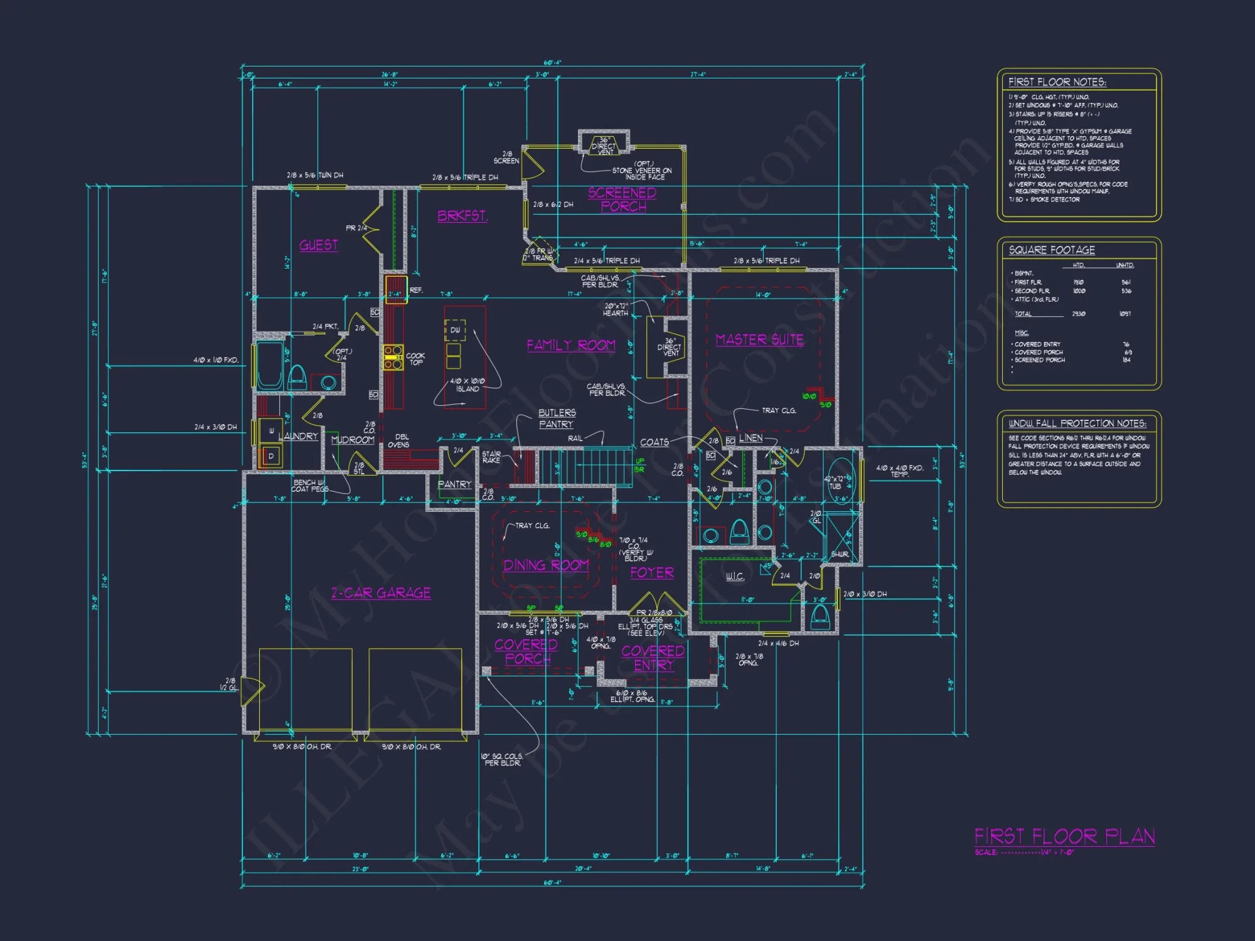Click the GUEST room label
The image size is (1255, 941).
click(318, 245)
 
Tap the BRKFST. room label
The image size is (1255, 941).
click(462, 216)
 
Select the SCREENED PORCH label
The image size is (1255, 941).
click(622, 199)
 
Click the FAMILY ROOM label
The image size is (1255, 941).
click(571, 345)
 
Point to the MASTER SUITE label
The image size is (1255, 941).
click(759, 339)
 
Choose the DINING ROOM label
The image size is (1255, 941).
click(546, 565)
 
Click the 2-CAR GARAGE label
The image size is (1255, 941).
click(381, 593)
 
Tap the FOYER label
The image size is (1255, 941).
click(652, 573)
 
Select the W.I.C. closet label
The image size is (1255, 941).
click(735, 577)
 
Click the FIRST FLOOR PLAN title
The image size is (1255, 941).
click(1064, 836)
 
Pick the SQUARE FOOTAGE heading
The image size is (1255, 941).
click(1052, 250)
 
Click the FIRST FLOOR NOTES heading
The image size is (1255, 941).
click(1057, 82)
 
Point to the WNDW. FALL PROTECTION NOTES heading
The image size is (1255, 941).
click(1077, 423)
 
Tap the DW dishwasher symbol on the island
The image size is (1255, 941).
click(455, 330)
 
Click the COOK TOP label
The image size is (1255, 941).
click(415, 359)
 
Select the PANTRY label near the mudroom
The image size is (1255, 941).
click(454, 484)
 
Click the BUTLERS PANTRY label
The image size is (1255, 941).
click(557, 418)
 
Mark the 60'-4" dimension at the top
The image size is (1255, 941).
click(552, 63)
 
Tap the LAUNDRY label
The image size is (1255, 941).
click(298, 436)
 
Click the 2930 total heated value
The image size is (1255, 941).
click(1079, 314)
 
